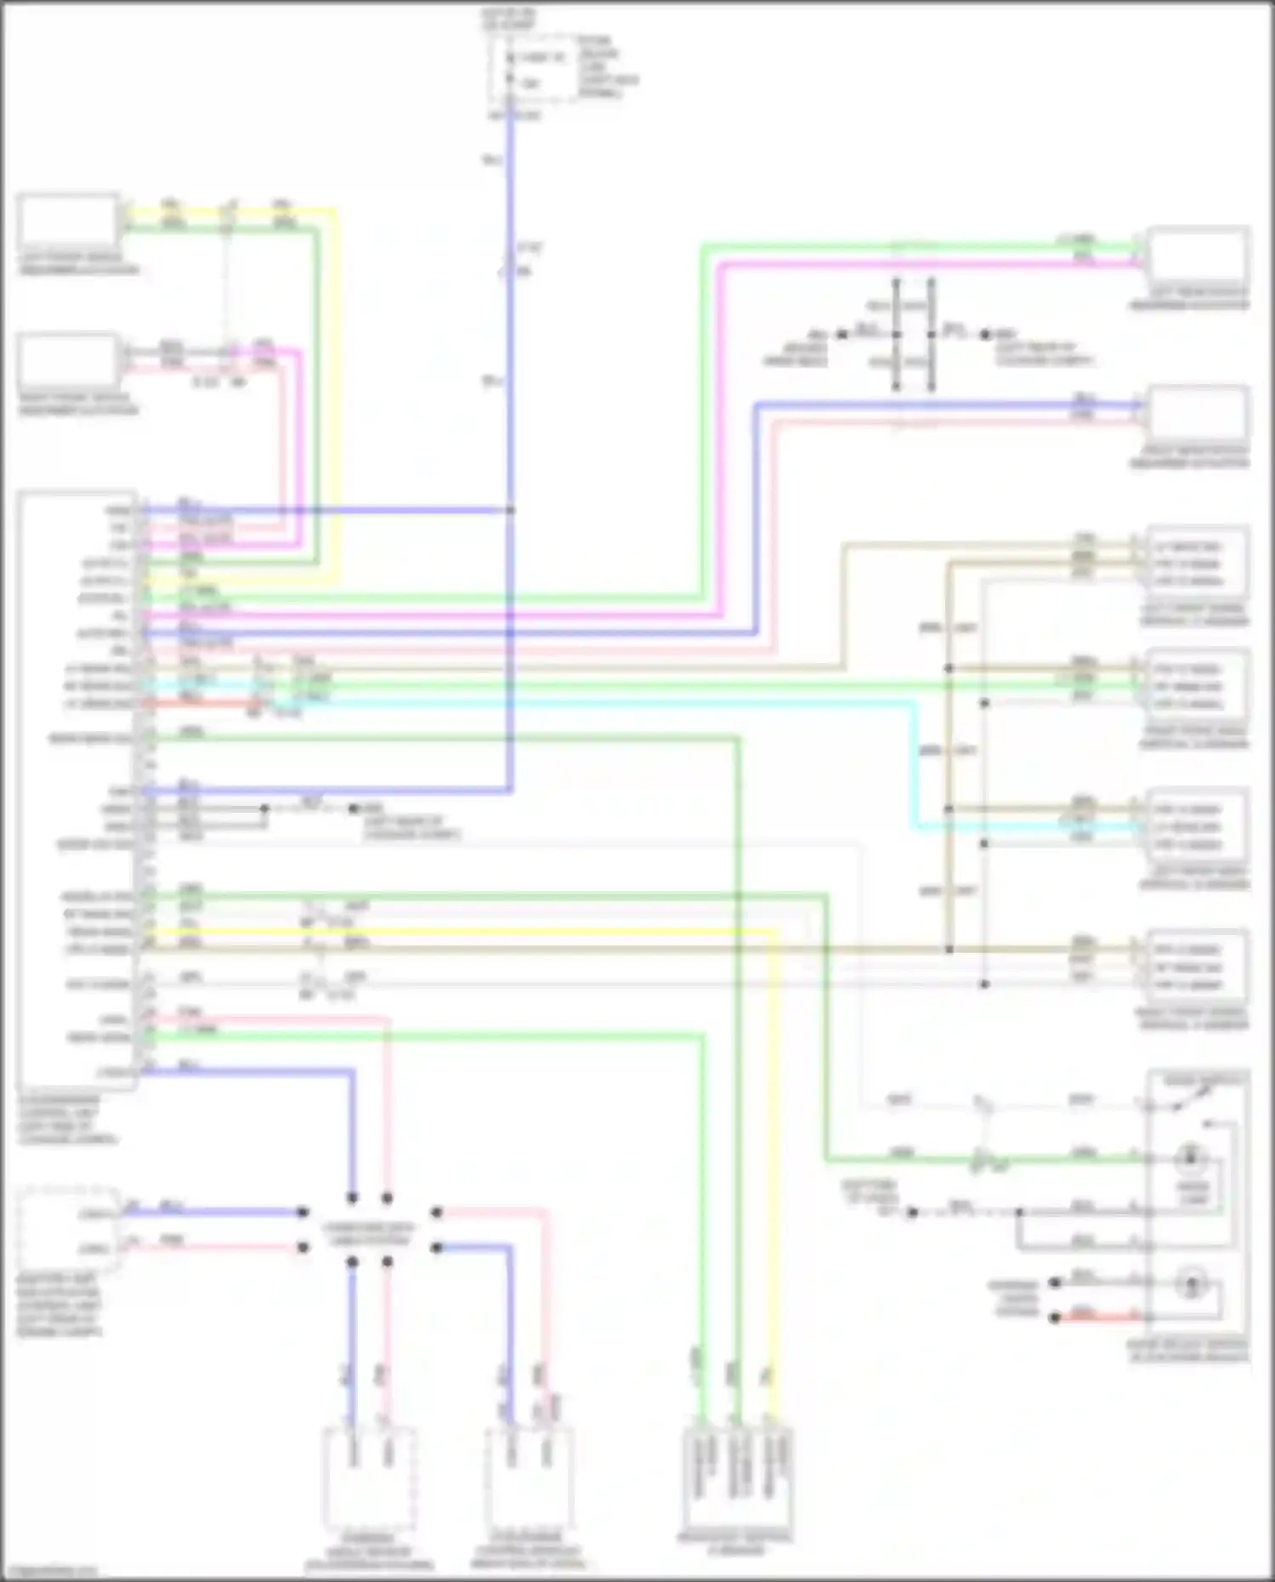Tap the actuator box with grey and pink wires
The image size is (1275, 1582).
point(68,360)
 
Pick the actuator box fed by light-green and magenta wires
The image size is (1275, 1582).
point(1198,254)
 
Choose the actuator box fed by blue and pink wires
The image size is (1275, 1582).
point(1198,413)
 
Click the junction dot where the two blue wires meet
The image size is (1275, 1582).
point(511,510)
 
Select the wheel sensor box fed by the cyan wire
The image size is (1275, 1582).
point(1198,826)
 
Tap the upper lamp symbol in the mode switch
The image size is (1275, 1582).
point(1190,1157)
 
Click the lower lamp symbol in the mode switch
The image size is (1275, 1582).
point(1190,1284)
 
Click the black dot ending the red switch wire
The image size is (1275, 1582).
point(1055,1318)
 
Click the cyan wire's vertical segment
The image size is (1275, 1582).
point(915,765)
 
